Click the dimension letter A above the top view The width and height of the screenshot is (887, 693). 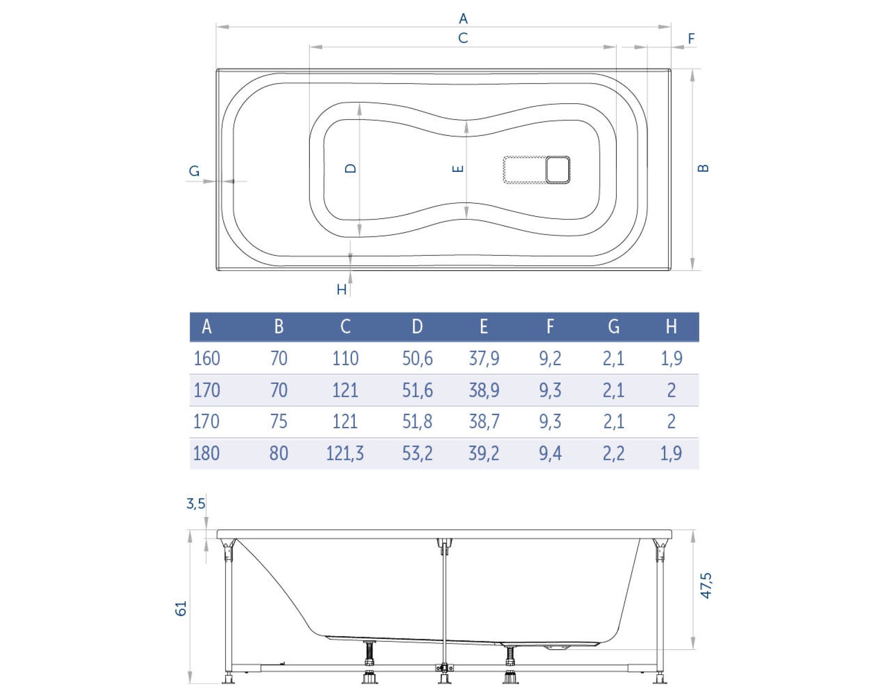[463, 19]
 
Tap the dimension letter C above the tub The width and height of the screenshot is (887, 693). [463, 38]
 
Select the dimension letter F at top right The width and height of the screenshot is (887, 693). [691, 38]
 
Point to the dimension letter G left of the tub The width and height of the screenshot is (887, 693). [194, 171]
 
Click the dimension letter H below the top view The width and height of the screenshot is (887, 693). [342, 290]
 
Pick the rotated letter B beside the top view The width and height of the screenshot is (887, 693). [703, 168]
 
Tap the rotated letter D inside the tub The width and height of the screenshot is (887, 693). [351, 168]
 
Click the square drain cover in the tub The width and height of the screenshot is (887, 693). [558, 170]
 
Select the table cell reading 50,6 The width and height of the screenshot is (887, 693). [417, 359]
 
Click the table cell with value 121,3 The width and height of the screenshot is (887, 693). [345, 453]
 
